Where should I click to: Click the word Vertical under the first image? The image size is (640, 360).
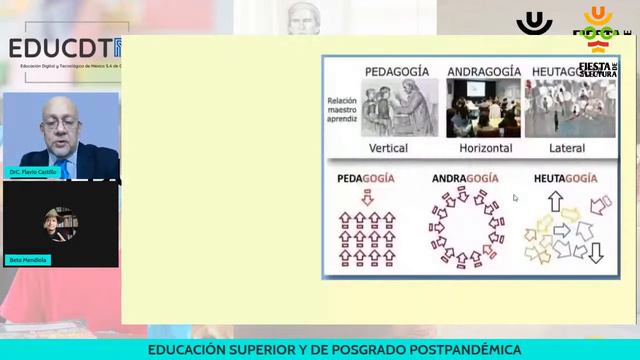(389, 148)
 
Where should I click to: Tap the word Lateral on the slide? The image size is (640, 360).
(567, 148)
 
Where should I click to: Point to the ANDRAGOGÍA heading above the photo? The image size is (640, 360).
(483, 71)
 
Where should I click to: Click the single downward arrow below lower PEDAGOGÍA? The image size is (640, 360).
(367, 197)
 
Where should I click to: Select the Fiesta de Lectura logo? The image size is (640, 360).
(597, 70)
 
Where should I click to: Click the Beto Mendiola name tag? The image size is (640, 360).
(28, 260)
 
